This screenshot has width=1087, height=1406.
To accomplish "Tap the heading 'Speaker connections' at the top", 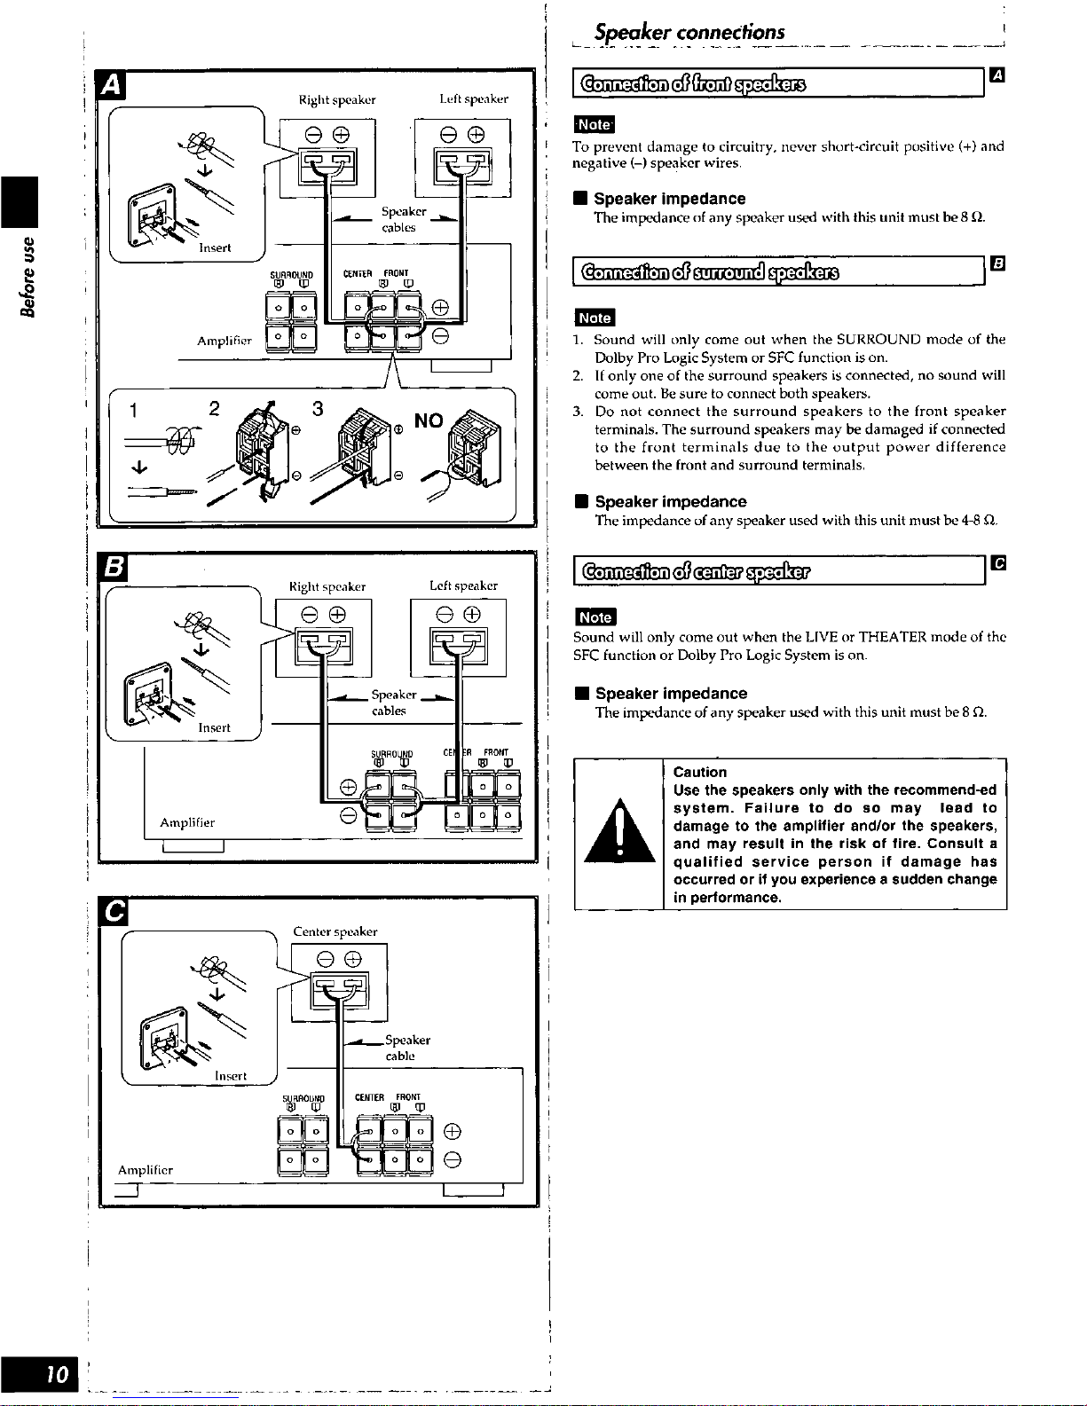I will point(689,33).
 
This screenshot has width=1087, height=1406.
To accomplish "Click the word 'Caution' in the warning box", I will point(699,772).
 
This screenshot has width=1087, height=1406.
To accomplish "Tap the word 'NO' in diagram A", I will point(429,420).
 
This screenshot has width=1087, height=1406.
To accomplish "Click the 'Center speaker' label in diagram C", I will point(335,931).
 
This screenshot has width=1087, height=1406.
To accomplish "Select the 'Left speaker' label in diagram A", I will point(474,99).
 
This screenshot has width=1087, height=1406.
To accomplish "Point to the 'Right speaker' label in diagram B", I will point(327,586).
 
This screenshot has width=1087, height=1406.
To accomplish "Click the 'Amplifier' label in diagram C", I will point(146,1170).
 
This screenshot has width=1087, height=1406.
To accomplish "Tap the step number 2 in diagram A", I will point(214,409).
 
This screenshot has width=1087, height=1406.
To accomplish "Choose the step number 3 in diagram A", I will point(317,409).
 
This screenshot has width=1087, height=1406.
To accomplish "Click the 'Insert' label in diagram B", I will point(214,727).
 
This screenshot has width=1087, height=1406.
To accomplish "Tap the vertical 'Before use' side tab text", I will point(30,276).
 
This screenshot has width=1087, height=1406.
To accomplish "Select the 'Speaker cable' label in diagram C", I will point(407,1048).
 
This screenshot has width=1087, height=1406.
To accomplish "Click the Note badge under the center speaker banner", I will point(595,617).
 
